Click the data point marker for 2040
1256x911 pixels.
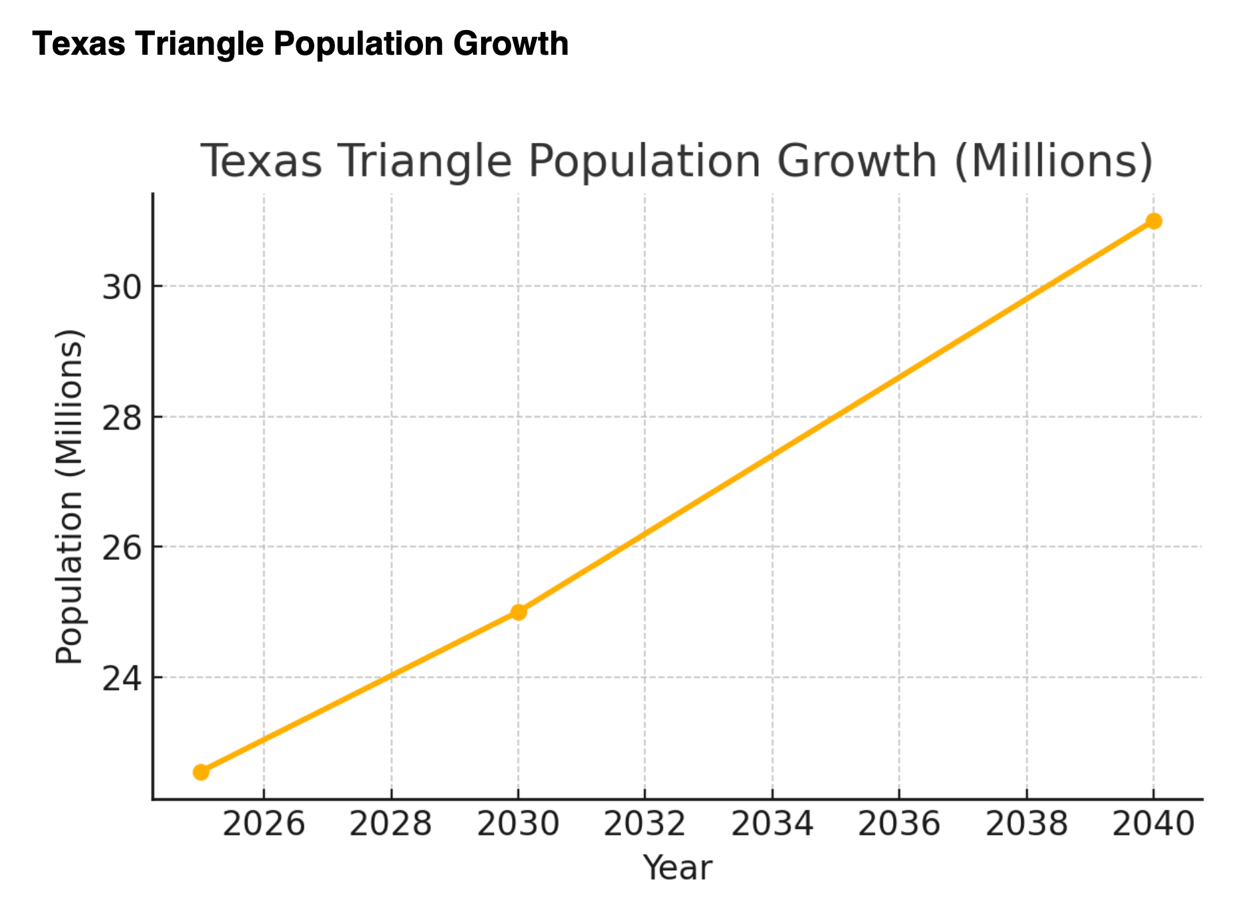[x=1153, y=221]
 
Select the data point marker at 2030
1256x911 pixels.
[x=519, y=612]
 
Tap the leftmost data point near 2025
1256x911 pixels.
[x=201, y=772]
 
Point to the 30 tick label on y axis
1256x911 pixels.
[x=122, y=288]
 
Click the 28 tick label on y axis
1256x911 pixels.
[x=122, y=418]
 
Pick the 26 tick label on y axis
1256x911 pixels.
[x=122, y=548]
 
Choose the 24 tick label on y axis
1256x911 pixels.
[x=122, y=679]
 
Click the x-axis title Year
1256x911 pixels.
[x=677, y=868]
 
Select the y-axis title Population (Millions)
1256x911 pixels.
[x=69, y=496]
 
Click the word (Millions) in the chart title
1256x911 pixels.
[x=1053, y=162]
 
